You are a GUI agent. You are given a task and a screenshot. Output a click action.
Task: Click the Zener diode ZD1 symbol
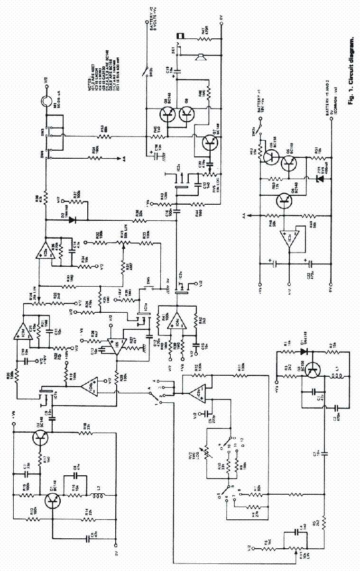click(x=314, y=179)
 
